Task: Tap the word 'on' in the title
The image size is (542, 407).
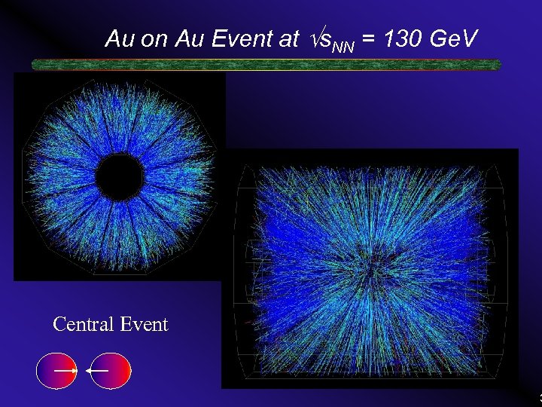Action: (x=153, y=39)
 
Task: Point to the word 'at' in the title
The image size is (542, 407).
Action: (x=288, y=39)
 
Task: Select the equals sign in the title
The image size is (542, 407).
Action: (x=369, y=39)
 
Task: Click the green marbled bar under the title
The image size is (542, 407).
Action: (x=266, y=65)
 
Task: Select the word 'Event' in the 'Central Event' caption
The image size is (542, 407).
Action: (x=144, y=325)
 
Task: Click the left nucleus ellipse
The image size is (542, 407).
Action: (x=56, y=371)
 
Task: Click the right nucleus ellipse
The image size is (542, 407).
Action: (x=110, y=371)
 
